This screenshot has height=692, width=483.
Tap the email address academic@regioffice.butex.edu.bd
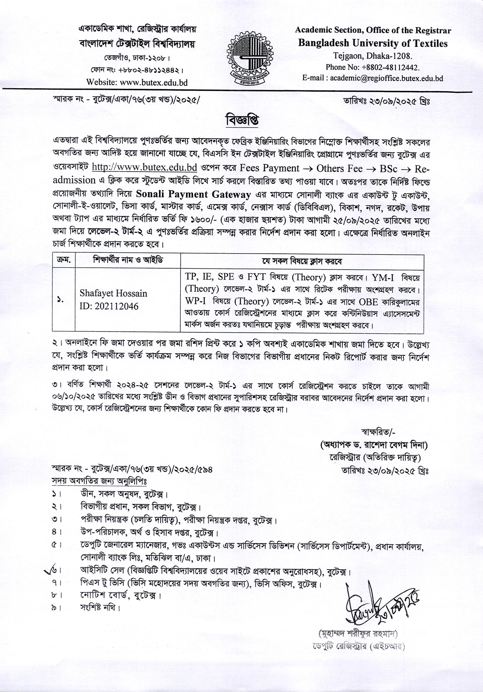click(x=386, y=78)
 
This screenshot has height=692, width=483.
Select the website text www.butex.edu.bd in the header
click(x=154, y=82)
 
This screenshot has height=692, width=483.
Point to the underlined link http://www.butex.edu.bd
click(x=144, y=167)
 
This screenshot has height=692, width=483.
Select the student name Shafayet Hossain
click(x=113, y=293)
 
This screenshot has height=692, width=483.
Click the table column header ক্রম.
click(x=64, y=261)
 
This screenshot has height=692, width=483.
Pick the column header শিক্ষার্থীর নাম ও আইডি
click(x=128, y=261)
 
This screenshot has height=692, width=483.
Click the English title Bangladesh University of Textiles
click(x=373, y=43)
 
